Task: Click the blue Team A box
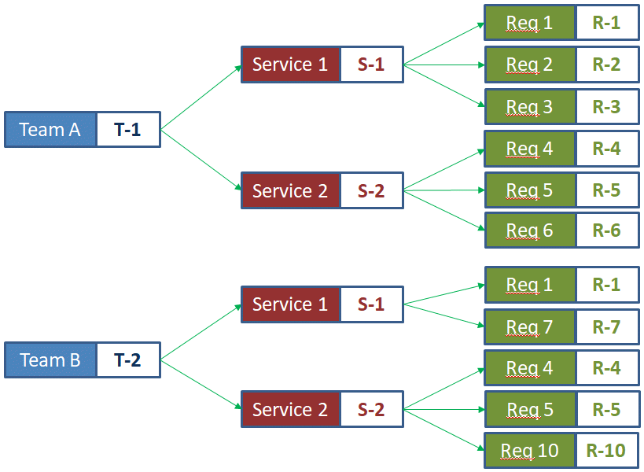(50, 130)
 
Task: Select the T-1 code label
(127, 130)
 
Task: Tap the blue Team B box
(50, 360)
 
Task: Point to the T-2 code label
(127, 360)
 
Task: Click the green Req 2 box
(529, 65)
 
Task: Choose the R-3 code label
(606, 107)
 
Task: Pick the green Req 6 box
(529, 230)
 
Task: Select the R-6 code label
(606, 230)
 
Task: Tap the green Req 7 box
(529, 326)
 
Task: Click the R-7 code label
(606, 326)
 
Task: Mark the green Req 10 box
(529, 451)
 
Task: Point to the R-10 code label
(605, 451)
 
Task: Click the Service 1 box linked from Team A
(290, 65)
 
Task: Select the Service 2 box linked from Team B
(290, 410)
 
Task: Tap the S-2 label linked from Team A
(371, 191)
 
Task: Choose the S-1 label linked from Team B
(371, 304)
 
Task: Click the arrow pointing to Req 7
(443, 315)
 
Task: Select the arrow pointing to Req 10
(443, 430)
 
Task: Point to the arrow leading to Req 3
(443, 85)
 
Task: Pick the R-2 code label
(606, 65)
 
